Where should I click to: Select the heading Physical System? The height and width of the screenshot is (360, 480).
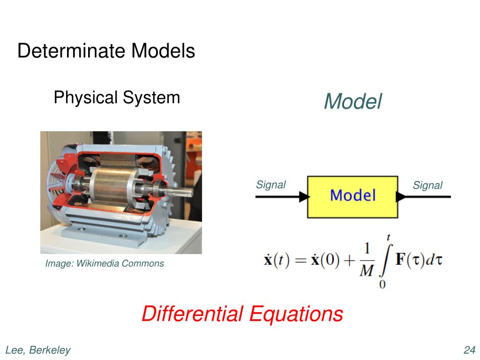tap(117, 97)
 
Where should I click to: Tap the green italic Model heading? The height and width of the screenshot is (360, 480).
tap(352, 101)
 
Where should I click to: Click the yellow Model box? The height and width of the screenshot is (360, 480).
tap(352, 196)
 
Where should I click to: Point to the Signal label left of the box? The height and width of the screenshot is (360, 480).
tap(270, 185)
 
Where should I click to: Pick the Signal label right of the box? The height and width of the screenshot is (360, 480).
tap(427, 185)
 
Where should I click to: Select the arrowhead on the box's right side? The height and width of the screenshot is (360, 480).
tap(401, 196)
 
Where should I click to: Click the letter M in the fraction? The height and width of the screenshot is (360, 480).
tap(366, 270)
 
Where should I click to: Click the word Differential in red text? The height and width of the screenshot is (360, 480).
tap(192, 314)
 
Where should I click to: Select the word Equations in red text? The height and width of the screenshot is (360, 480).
tap(296, 314)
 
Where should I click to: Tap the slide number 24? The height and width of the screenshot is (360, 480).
tap(469, 350)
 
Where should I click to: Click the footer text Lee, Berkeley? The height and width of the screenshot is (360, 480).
tap(38, 350)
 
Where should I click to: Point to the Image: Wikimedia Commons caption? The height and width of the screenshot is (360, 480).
tap(105, 263)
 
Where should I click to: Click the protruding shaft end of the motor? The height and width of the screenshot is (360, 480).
tap(186, 192)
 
